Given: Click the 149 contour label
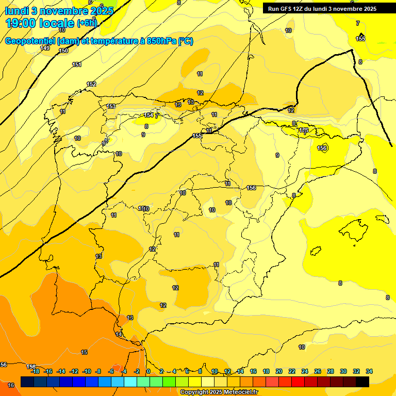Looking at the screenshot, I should [45, 48].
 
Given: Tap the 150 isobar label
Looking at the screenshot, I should [63, 51].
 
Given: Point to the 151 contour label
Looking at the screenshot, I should [77, 64].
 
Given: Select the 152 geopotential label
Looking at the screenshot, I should [91, 84].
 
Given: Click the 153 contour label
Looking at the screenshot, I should [111, 106].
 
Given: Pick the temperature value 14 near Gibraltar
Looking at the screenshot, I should [119, 335].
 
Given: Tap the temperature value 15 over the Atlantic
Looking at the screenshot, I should [84, 352].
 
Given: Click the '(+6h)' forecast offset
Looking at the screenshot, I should [87, 23].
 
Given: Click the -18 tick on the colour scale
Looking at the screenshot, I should [35, 371].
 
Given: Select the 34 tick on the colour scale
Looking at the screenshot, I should [369, 371].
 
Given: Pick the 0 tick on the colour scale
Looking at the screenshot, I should [148, 371].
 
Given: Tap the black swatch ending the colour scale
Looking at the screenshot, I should [362, 382].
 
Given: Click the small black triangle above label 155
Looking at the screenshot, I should [361, 35].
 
